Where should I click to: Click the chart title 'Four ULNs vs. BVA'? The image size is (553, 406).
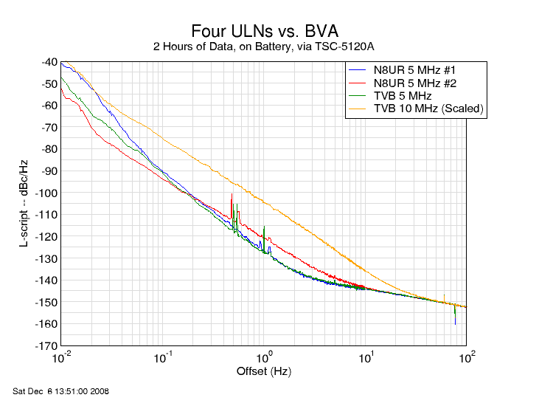pos(265,31)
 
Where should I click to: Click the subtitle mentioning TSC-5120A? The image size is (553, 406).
pos(264,47)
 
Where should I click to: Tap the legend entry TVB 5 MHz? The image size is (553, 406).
pos(403,96)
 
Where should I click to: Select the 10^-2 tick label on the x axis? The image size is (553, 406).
pos(62,358)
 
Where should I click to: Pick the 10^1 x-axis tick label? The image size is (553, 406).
pos(365,358)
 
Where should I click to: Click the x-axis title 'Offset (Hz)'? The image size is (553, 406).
pos(264,370)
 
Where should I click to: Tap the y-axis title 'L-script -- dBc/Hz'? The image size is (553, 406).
pos(24,202)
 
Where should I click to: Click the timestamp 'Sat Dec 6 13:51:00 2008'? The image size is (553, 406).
pos(61,391)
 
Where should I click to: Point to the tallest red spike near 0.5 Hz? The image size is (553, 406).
pos(232,195)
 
